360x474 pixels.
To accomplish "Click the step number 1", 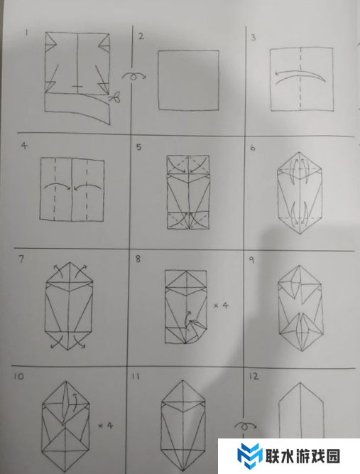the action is [x=26, y=33].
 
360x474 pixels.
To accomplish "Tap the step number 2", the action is [x=141, y=36].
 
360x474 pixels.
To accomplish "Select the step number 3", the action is [x=253, y=38].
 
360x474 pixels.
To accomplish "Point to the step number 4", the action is [x=24, y=146].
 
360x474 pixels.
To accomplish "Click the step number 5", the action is [x=138, y=147].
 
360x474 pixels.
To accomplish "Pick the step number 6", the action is [x=253, y=148].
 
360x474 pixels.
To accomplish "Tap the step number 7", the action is [x=21, y=259].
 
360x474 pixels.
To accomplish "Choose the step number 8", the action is [x=138, y=259].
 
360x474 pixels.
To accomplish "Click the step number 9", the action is [x=251, y=260].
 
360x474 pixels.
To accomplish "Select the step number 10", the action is [x=18, y=377].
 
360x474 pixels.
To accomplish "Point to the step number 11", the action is [x=136, y=377].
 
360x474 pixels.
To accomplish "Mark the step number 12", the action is [x=254, y=377].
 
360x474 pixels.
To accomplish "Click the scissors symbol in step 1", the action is [x=115, y=97].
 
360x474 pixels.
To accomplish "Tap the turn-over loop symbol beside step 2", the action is [x=133, y=76].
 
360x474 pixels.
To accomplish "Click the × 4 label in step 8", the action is [x=222, y=306].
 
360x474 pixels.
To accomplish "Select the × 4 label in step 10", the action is [x=106, y=426].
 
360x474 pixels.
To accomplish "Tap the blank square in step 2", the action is [x=189, y=80].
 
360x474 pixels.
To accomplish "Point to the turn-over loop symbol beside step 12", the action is [x=245, y=426].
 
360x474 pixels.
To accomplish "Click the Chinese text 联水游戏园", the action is [x=302, y=456].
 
